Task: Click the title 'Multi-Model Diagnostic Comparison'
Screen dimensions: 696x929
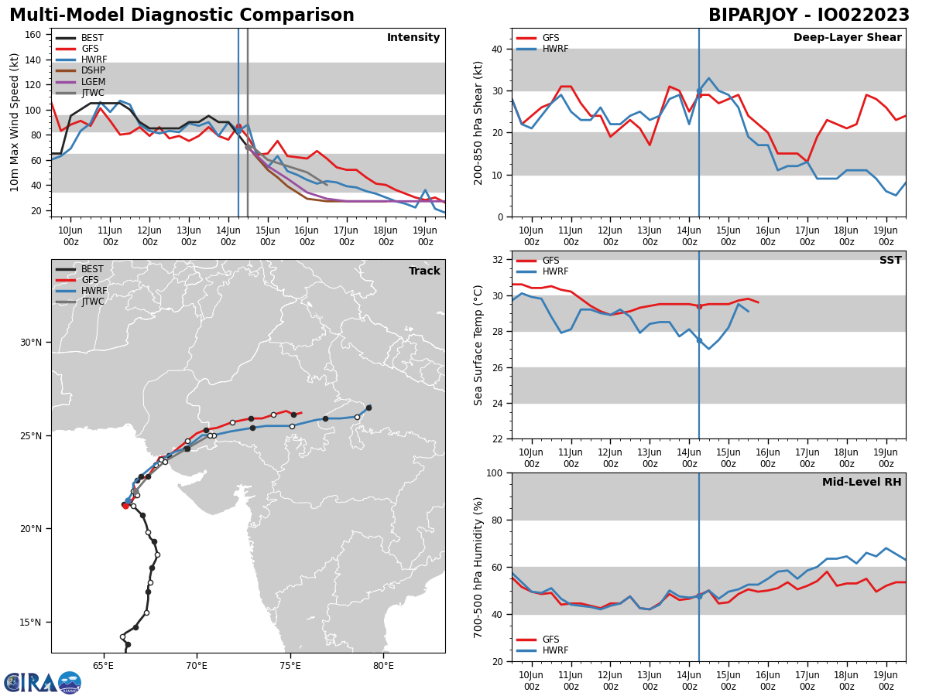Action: pyautogui.click(x=181, y=15)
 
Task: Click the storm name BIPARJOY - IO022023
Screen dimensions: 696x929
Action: pyautogui.click(x=809, y=15)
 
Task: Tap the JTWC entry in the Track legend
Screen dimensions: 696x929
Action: pyautogui.click(x=93, y=302)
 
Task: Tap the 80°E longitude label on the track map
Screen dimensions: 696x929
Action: pyautogui.click(x=383, y=665)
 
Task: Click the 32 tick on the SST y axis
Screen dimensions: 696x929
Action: pyautogui.click(x=497, y=259)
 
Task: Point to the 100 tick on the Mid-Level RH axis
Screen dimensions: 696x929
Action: pyautogui.click(x=494, y=473)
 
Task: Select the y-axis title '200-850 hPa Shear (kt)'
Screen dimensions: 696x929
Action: pyautogui.click(x=479, y=123)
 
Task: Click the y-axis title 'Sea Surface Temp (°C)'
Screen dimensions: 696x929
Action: pyautogui.click(x=479, y=345)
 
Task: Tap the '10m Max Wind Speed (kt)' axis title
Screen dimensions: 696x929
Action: pyautogui.click(x=15, y=122)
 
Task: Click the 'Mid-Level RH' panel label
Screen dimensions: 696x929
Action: pyautogui.click(x=862, y=483)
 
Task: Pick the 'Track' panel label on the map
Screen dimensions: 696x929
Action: pyautogui.click(x=424, y=271)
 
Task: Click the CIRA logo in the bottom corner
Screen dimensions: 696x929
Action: pyautogui.click(x=43, y=682)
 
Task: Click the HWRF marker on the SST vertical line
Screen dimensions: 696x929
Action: pyautogui.click(x=699, y=340)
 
